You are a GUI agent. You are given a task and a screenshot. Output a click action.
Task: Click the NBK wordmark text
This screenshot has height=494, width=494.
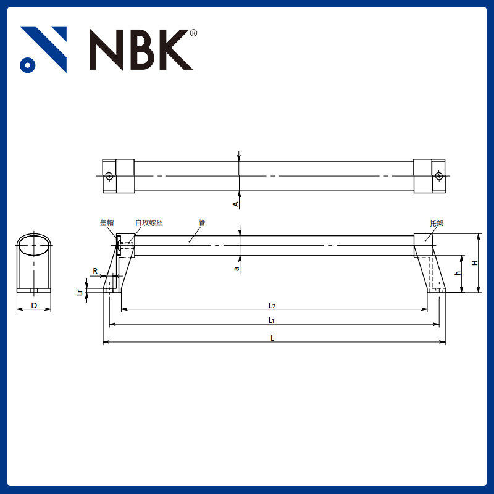141,49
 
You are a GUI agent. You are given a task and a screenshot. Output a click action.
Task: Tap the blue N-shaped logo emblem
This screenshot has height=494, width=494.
43,49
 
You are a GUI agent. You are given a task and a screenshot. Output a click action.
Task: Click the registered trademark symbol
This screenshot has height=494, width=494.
193,33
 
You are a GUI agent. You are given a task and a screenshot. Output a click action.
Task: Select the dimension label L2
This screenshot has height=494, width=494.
272,305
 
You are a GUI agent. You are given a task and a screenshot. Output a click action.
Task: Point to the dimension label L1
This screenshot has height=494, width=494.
271,320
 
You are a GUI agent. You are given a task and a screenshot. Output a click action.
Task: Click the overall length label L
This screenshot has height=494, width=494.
272,338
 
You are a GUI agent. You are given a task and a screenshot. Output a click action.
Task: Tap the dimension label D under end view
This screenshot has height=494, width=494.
34,305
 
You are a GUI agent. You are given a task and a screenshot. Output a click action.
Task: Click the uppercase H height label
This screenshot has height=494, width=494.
474,263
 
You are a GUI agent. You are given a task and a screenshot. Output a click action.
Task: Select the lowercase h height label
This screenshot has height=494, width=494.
458,273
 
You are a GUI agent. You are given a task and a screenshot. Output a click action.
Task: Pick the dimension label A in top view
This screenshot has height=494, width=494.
235,204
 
